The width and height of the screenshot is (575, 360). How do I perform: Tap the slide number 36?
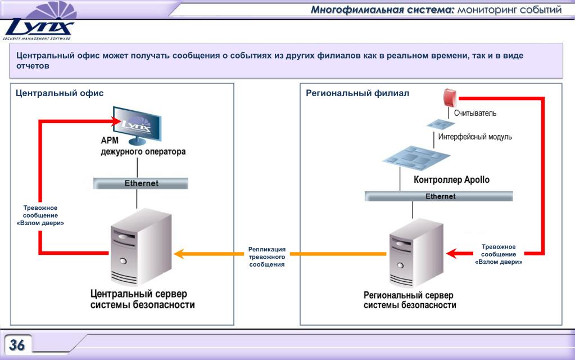tap(17, 345)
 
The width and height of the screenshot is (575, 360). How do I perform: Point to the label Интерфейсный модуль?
tap(475, 137)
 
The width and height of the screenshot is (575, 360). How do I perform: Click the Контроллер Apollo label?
tap(451, 180)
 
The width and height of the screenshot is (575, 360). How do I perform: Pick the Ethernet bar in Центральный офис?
tap(141, 183)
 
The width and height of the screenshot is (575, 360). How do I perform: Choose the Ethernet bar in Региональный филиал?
tap(439, 196)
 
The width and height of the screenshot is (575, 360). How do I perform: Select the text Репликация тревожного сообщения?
tap(267, 256)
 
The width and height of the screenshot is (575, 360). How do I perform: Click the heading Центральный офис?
tap(60, 93)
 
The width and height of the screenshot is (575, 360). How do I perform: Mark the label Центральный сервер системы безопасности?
tap(143, 299)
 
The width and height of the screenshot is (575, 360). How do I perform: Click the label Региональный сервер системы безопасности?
tap(410, 300)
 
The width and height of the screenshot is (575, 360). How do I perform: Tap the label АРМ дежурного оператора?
tap(143, 146)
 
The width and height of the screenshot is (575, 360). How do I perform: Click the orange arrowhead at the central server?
tap(179, 254)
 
